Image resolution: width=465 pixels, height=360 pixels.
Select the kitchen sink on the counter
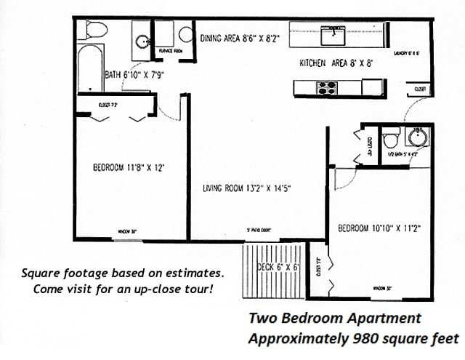click(333, 32)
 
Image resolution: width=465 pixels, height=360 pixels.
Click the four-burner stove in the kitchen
click(327, 88)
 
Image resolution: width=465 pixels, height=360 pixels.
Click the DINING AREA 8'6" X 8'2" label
click(240, 39)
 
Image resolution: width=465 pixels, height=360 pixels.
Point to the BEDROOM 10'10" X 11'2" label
click(379, 228)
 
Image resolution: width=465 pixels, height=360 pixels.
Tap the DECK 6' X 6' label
click(278, 267)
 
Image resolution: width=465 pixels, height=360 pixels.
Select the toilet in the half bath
click(392, 137)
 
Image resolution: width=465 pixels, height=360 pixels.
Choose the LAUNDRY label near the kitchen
click(407, 54)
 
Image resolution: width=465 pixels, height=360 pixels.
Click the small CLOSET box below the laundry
click(419, 89)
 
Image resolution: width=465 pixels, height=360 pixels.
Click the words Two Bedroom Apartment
click(334, 318)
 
